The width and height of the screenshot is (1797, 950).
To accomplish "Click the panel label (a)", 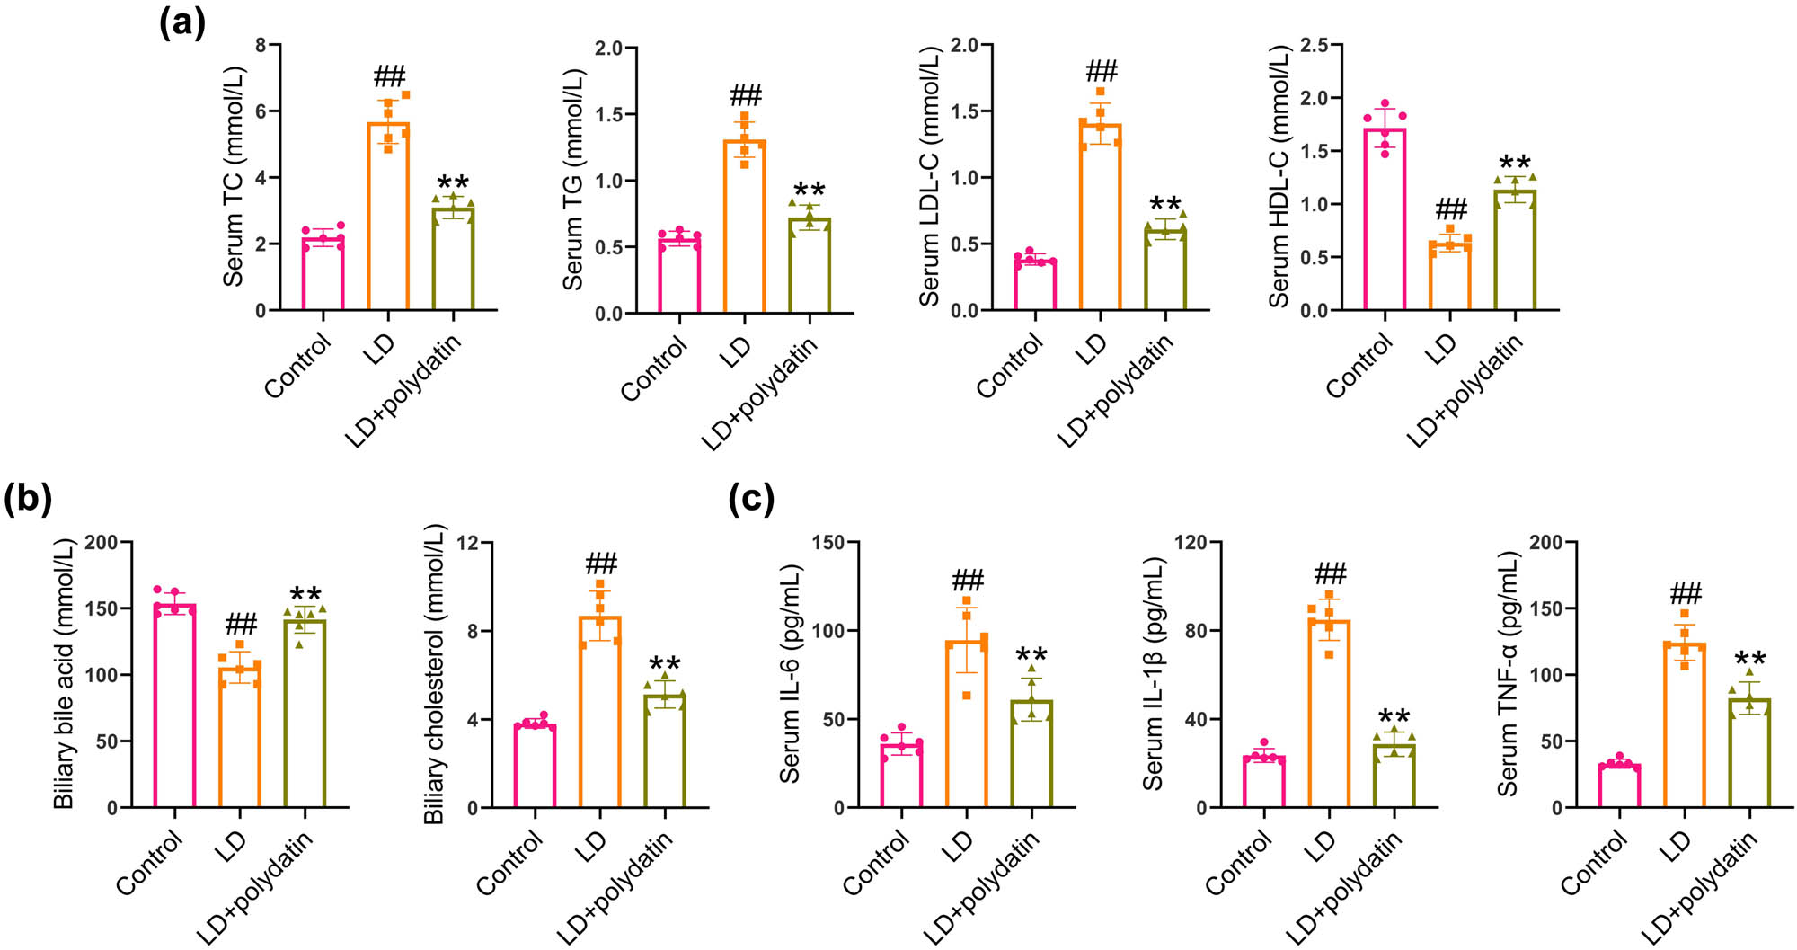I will coord(181,22).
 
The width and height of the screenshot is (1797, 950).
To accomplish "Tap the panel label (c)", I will coord(751,499).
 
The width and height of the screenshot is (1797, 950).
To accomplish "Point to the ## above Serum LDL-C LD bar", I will coord(1102,70).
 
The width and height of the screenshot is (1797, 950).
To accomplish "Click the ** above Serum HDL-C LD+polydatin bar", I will coord(1515,163).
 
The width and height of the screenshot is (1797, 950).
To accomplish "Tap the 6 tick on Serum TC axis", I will coord(261,111).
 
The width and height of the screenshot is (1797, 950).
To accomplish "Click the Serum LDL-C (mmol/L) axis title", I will coord(929,176).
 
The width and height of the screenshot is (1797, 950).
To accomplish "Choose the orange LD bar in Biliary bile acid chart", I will coord(240,737).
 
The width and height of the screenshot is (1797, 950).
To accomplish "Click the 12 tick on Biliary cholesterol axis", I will coord(467,543).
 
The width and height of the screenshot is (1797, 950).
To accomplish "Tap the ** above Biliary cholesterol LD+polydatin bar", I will coord(665,664).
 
